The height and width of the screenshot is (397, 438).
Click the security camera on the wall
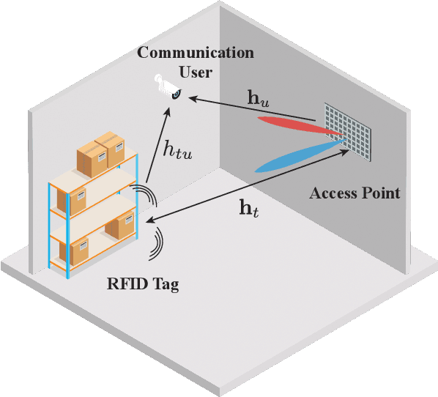(x=168, y=87)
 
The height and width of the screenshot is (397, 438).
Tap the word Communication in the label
(x=196, y=53)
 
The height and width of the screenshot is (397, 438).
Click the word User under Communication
(x=196, y=72)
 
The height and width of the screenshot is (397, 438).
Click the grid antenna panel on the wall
(x=349, y=131)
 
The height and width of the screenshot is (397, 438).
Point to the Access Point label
(x=355, y=193)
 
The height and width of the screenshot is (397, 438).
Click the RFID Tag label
(x=142, y=283)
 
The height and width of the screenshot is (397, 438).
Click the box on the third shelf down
(x=119, y=226)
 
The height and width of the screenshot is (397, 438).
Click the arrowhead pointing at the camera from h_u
(x=176, y=95)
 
